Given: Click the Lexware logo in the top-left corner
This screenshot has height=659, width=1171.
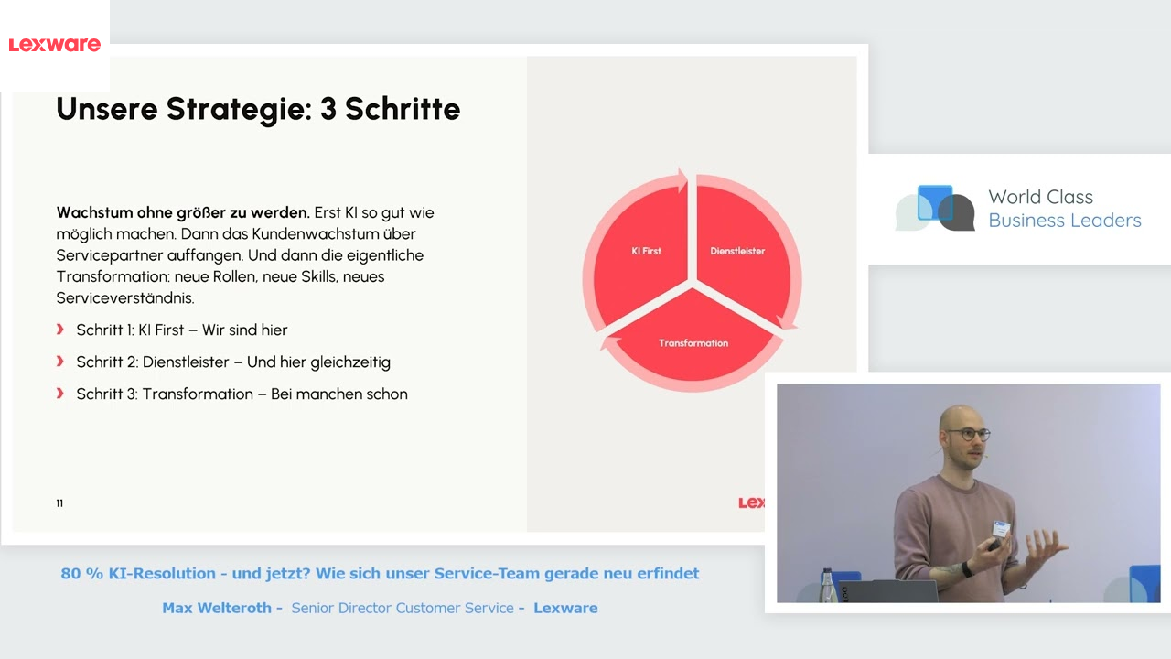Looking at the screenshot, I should pos(54,44).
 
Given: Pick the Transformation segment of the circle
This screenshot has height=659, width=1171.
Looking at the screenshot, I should pos(693,342).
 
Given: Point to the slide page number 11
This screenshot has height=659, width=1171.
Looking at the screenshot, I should pos(59,503).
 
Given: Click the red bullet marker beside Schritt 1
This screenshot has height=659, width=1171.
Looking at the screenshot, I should pos(60,329).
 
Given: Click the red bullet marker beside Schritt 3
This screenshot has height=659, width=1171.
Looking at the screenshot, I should pos(60,394).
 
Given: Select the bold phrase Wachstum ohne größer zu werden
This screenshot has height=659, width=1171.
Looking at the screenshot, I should pos(183,212).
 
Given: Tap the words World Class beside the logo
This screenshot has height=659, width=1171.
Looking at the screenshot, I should pos(1040,197).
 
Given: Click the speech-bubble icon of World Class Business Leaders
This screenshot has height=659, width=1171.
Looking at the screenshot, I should pos(935,208).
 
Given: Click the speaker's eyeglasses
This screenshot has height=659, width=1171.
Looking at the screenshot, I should pos(968,435).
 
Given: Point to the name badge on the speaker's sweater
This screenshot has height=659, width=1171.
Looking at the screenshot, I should pos(1001,528).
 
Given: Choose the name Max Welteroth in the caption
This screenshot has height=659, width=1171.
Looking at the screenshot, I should pos(217,608).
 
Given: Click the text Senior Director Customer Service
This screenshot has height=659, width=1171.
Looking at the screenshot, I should pos(403,608).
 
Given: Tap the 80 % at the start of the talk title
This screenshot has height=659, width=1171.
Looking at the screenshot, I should pos(81,574).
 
